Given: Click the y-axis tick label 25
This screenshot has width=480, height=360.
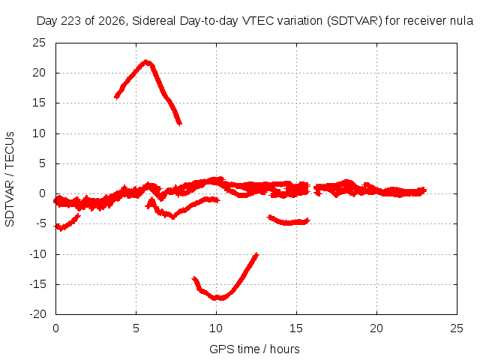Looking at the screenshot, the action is click(39, 43).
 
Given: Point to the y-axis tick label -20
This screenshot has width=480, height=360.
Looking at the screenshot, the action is click(37, 314).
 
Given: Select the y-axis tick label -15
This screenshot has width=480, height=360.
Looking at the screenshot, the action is click(37, 284).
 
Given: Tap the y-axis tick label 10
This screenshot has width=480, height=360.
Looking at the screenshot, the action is click(39, 133).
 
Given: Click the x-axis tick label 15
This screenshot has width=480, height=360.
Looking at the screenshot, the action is click(296, 328).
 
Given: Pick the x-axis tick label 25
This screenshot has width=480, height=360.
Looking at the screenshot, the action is click(457, 328).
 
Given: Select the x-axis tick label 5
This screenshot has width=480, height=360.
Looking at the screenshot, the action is click(136, 328).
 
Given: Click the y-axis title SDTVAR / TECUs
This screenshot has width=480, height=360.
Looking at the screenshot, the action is click(10, 179).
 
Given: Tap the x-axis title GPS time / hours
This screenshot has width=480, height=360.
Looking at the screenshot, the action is click(254, 349).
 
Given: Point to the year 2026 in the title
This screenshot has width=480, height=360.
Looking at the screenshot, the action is click(112, 21).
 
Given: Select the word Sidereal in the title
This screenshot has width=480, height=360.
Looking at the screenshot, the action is click(154, 21).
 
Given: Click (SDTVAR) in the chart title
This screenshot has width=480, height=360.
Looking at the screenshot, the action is click(355, 21).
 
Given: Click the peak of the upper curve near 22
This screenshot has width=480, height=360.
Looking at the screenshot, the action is click(146, 61).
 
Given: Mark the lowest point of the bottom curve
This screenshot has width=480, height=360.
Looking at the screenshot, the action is click(218, 298).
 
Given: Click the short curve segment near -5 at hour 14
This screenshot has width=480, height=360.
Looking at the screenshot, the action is click(288, 222).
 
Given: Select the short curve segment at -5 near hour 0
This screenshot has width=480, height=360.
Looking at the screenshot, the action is click(67, 223).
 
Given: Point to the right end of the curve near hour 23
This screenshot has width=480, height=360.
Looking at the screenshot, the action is click(425, 190).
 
